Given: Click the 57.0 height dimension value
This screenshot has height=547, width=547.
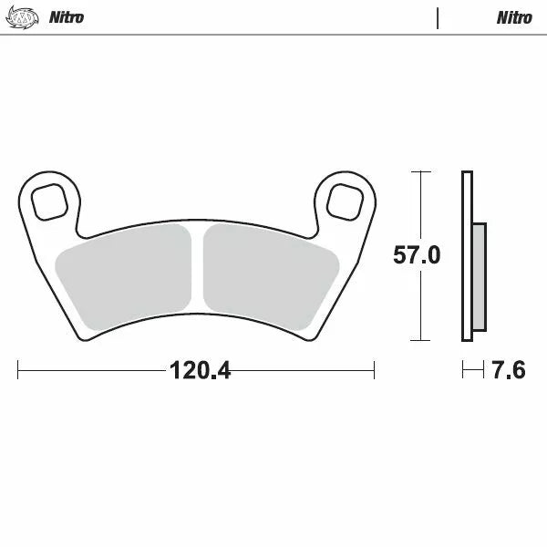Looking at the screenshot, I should [417, 255].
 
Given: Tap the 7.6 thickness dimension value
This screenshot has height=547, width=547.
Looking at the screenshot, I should [508, 371].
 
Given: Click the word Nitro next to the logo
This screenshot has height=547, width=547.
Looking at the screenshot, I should [67, 17].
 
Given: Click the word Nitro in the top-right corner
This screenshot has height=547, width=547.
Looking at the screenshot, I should [514, 17].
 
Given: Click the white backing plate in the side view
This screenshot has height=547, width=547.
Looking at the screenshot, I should [468, 256].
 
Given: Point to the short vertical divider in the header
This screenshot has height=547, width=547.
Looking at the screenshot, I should [438, 17].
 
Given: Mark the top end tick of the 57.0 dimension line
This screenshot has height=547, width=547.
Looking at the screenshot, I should [418, 171].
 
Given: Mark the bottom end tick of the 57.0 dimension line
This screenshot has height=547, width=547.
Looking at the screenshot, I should [418, 340].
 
